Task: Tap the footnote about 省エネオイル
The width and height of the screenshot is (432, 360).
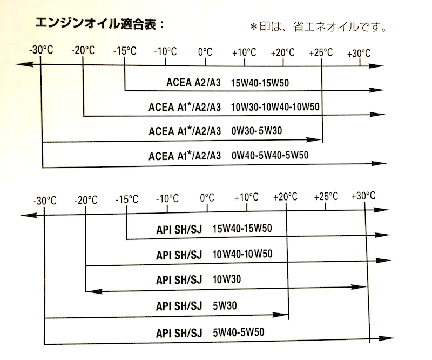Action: tap(318, 27)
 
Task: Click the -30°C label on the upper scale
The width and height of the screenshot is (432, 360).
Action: tap(41, 50)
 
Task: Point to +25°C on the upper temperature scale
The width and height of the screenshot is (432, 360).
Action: tap(321, 52)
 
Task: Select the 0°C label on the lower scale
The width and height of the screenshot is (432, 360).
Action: tap(207, 198)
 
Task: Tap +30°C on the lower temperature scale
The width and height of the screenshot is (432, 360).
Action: tap(363, 196)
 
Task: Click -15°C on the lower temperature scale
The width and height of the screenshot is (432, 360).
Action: tap(127, 199)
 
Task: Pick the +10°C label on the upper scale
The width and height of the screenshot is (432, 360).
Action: tap(244, 52)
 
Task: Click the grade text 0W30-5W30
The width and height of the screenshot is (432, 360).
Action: tap(256, 130)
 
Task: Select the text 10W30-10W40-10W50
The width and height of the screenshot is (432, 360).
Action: tap(275, 106)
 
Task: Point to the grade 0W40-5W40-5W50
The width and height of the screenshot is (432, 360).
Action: tap(269, 155)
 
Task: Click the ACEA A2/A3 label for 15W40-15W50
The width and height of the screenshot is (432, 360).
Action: tap(193, 83)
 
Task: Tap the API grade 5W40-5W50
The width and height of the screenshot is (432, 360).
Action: tap(238, 332)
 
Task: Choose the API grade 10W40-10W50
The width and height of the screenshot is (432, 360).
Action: tap(242, 254)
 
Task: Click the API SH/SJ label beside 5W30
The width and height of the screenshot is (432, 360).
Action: tap(179, 306)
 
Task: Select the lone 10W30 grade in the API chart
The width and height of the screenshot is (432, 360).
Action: tap(227, 279)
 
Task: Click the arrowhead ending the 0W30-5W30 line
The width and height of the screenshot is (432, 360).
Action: tap(314, 139)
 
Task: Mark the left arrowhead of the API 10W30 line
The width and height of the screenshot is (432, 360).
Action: tap(94, 291)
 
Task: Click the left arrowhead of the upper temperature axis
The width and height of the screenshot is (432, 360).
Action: tap(24, 64)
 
